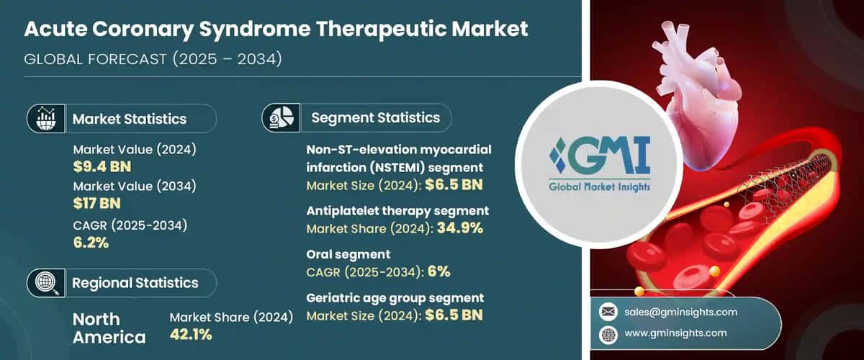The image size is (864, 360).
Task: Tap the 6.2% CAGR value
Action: coord(91,242)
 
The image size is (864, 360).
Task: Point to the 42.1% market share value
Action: coord(191,333)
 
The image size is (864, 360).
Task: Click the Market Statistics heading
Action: coord(130,119)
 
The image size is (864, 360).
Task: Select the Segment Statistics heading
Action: coord(375,117)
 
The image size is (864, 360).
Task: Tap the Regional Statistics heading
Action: coord(135,283)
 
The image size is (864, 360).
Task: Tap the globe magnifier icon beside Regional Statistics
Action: coord(45,283)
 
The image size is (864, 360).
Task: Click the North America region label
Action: coord(108,328)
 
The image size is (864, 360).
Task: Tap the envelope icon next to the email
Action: coord(608,312)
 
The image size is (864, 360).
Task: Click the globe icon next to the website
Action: coord(608,333)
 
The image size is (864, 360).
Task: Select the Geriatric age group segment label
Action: coord(395,297)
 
